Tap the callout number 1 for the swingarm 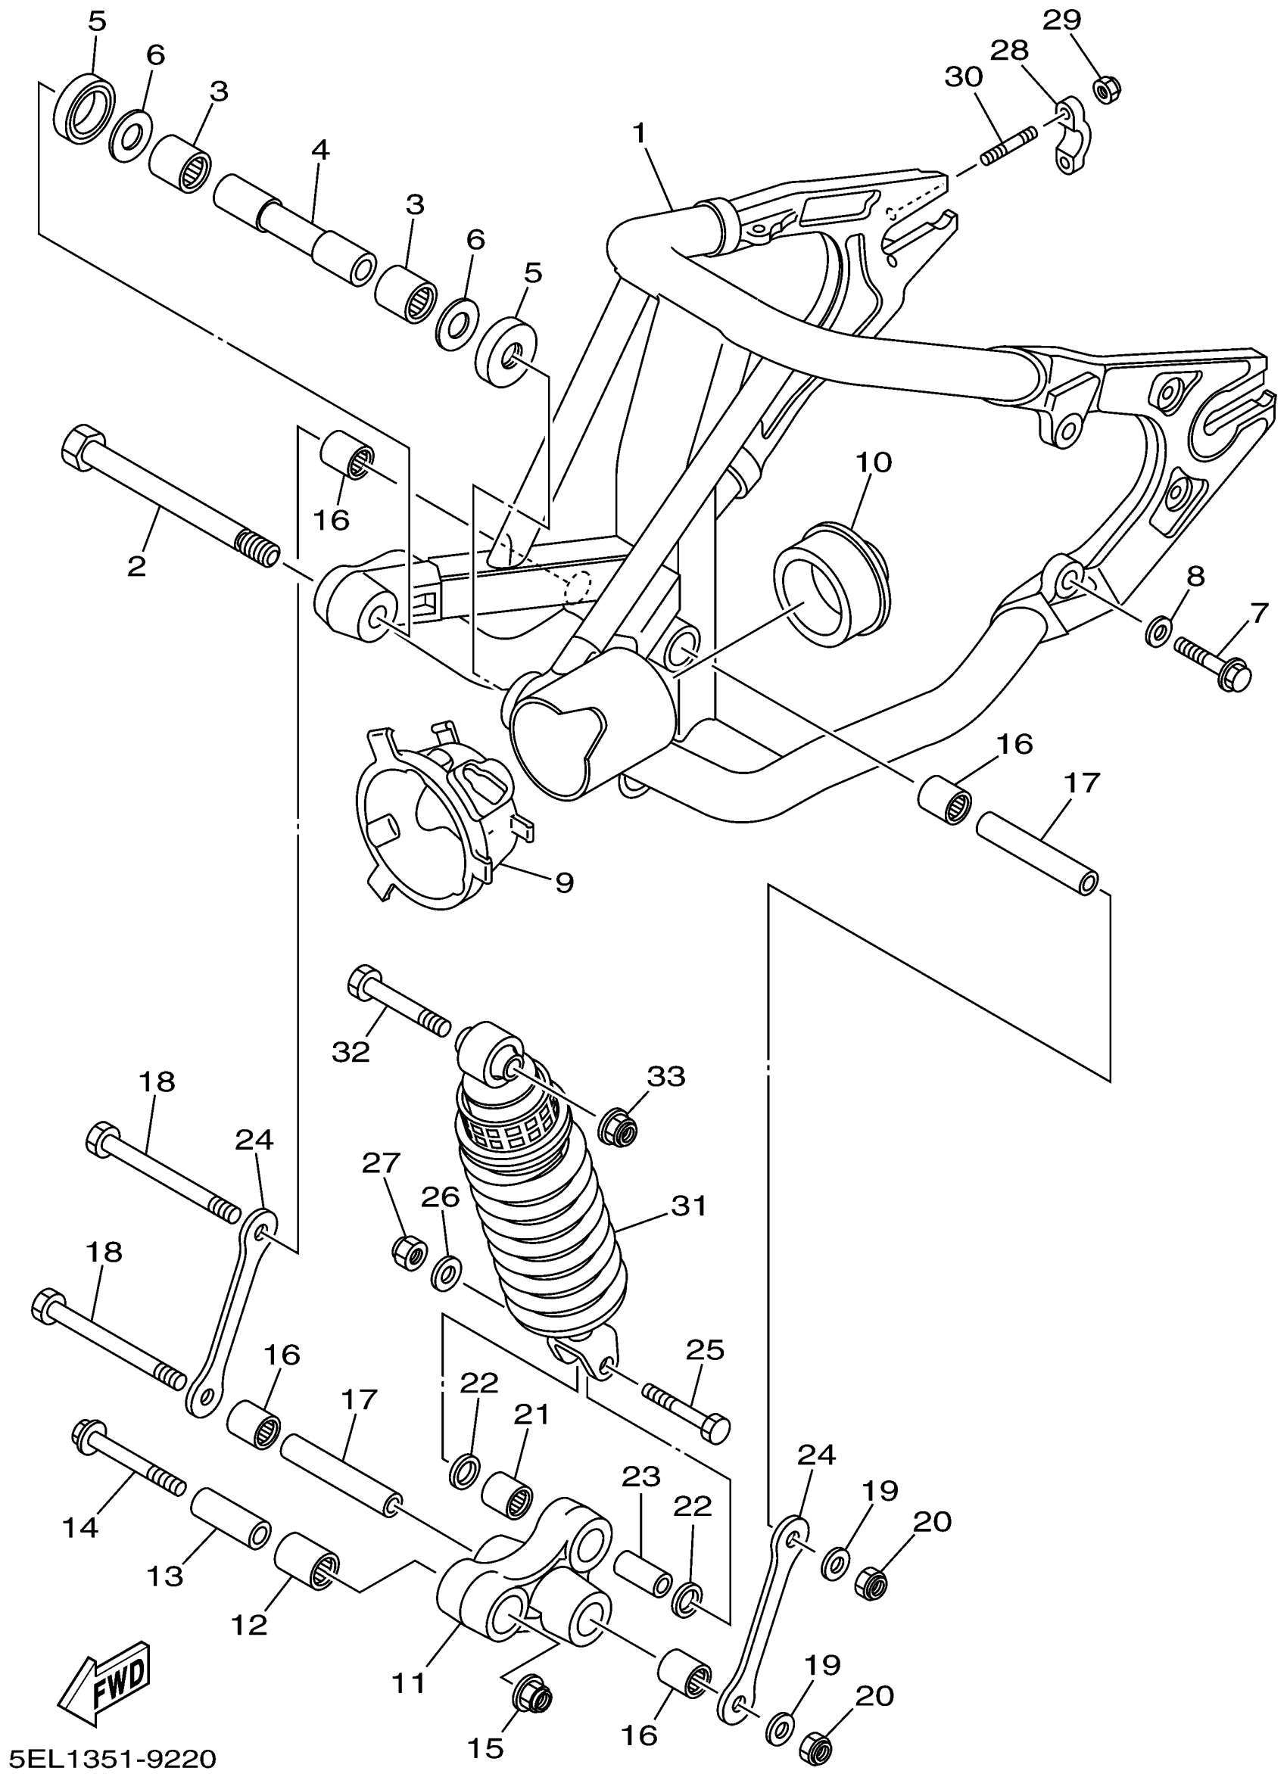point(640,134)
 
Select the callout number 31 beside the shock point(689,1206)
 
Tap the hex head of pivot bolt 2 point(80,450)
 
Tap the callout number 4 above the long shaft point(319,151)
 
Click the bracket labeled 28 point(1069,137)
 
